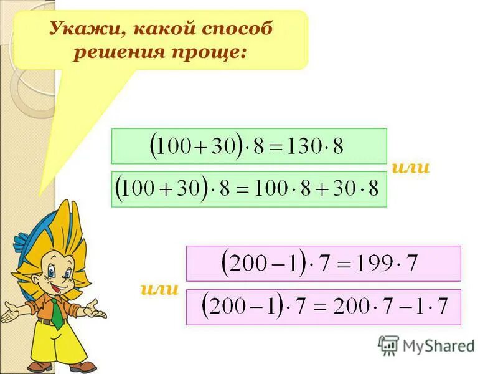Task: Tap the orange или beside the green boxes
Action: click(411, 167)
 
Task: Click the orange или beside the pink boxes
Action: click(160, 289)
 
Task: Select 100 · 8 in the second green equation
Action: click(283, 189)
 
